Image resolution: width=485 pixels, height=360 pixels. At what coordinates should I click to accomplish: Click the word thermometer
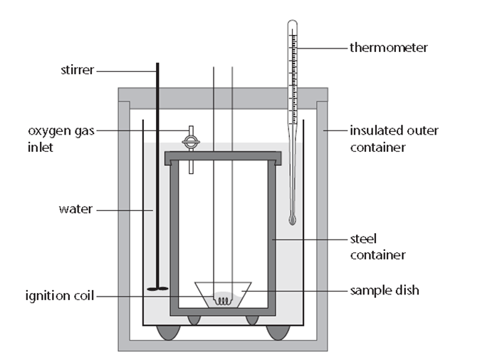pyautogui.click(x=389, y=48)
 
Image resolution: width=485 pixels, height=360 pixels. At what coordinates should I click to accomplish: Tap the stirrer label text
pyautogui.click(x=77, y=70)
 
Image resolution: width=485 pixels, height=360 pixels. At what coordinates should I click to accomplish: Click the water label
pyautogui.click(x=75, y=210)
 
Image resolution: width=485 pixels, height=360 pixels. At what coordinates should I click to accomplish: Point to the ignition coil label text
pyautogui.click(x=60, y=296)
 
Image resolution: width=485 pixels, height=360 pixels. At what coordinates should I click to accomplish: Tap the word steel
pyautogui.click(x=363, y=239)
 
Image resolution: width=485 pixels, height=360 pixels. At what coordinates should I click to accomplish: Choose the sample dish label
pyautogui.click(x=385, y=290)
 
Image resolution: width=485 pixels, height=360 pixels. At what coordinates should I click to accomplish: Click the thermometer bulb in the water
pyautogui.click(x=292, y=220)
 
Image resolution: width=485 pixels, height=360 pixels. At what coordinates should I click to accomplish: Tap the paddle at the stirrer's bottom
pyautogui.click(x=157, y=289)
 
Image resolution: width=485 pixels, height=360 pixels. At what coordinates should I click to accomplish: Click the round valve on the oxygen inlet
pyautogui.click(x=191, y=143)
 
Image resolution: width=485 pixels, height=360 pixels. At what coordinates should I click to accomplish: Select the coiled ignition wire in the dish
pyautogui.click(x=222, y=300)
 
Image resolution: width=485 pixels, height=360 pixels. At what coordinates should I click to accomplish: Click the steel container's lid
pyautogui.click(x=223, y=158)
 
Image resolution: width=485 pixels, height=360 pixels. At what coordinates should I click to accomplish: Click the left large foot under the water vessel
pyautogui.click(x=169, y=333)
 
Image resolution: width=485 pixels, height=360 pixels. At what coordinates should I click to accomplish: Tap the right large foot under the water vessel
pyautogui.click(x=278, y=333)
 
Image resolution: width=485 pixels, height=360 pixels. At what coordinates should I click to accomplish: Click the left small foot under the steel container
pyautogui.click(x=194, y=320)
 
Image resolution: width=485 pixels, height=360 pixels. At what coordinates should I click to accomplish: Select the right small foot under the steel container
pyautogui.click(x=252, y=320)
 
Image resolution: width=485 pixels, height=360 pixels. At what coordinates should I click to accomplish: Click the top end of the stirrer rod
pyautogui.click(x=157, y=63)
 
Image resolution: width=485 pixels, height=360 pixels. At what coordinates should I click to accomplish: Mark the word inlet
pyautogui.click(x=40, y=147)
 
